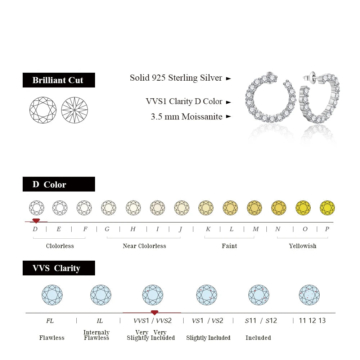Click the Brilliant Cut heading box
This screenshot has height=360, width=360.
coord(59,80)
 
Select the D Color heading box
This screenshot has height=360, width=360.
coord(59,184)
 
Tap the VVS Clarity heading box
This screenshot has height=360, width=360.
coord(59,268)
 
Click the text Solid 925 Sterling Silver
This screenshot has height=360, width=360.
coord(176,78)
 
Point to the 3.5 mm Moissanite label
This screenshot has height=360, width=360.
coord(186,117)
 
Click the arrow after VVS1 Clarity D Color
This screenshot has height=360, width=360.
coord(228,102)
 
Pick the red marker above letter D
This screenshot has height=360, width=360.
coord(36,220)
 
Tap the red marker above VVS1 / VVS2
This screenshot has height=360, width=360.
coord(154,312)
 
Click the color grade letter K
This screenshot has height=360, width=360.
coord(208,229)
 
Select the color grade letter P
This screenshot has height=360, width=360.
coord(327,229)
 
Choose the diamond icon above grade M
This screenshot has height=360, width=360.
coord(255,208)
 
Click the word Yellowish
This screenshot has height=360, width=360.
coord(302,246)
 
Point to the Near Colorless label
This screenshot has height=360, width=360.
coord(144,246)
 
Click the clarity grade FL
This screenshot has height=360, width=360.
coord(50,320)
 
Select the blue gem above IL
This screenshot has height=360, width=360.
coord(101,295)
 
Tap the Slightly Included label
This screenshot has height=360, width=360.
coord(208,338)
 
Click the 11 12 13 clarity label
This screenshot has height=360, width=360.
coord(312,320)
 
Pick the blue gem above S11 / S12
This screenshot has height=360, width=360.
coord(259,295)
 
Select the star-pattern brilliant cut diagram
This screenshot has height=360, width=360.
coord(75,110)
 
